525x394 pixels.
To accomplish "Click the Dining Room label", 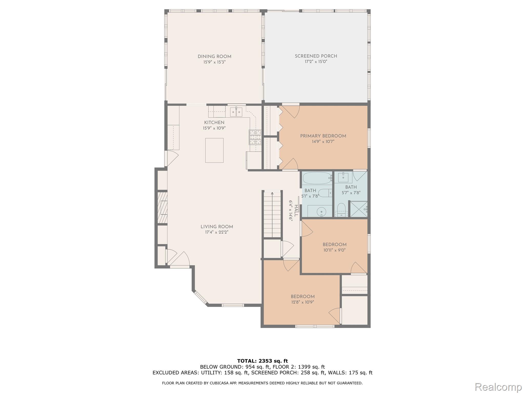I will click(214, 56).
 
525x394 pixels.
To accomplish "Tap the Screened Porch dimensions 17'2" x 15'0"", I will click(316, 62).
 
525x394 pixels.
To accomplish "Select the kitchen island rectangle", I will click(214, 150).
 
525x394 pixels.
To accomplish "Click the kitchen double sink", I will click(236, 112).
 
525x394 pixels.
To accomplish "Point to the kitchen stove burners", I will click(255, 137).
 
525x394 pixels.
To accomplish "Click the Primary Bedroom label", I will click(323, 136).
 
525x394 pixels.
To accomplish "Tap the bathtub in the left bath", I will click(317, 178).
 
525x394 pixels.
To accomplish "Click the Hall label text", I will click(296, 211).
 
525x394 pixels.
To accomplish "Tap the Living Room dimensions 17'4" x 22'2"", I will click(217, 232).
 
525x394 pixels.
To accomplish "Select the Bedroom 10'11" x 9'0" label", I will click(334, 244).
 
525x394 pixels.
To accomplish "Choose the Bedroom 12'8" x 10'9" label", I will click(302, 297).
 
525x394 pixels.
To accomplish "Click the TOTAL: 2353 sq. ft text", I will click(262, 361).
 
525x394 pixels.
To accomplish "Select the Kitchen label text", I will click(214, 123).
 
